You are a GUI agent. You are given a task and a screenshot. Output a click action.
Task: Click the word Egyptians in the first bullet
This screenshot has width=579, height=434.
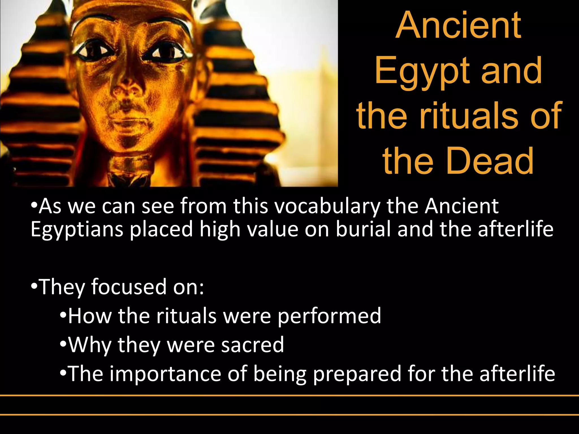pos(77,229)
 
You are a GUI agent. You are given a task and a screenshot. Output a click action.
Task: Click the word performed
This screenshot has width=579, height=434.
pos(329,316)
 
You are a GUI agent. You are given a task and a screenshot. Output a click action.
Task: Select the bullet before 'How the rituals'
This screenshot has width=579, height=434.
pos(63,315)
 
